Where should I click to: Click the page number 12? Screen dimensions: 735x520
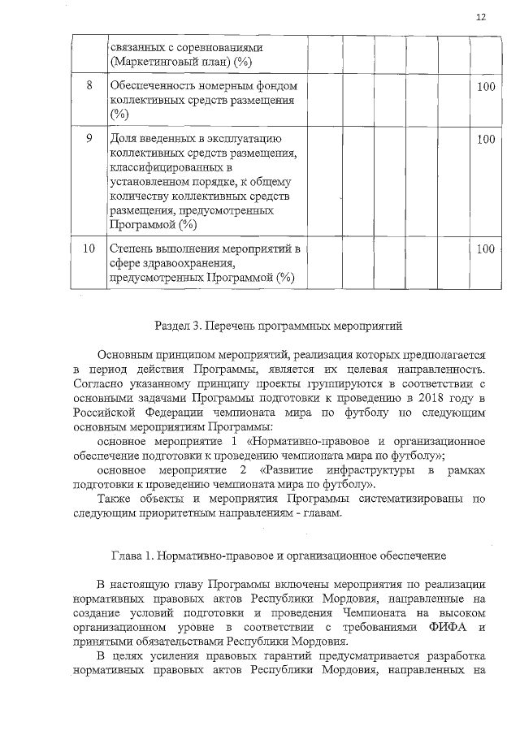481,18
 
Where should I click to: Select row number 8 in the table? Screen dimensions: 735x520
89,86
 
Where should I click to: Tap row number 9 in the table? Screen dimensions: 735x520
89,139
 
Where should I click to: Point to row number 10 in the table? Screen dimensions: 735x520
89,249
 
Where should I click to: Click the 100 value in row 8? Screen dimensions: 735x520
486,86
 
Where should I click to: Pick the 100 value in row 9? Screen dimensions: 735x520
486,139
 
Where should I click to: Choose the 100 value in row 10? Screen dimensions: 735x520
486,249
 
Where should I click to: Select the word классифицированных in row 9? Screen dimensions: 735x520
163,167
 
